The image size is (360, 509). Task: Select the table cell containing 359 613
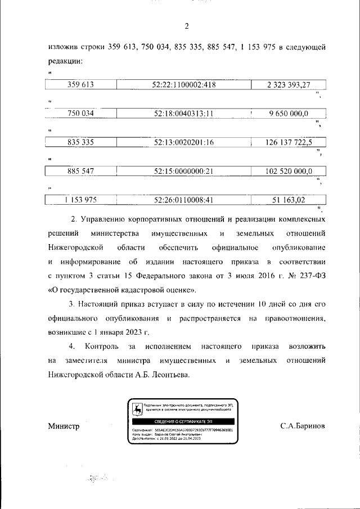point(80,85)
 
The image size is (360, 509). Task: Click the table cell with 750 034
point(80,114)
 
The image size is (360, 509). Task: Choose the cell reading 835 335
point(80,142)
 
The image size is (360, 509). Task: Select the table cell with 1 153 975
point(80,199)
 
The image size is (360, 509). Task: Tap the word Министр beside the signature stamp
point(64,426)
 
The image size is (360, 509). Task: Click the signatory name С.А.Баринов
point(303,426)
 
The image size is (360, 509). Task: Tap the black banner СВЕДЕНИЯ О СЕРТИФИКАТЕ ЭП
point(184,421)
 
